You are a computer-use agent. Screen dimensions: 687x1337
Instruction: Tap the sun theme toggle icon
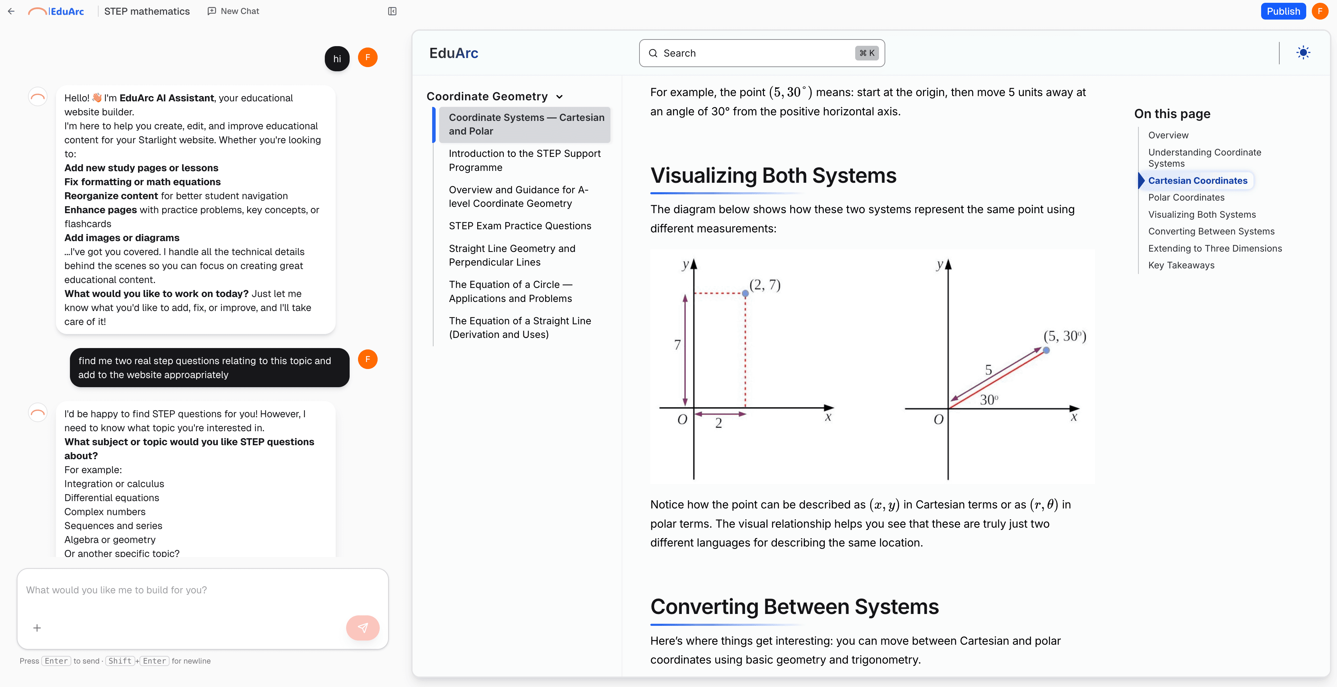coord(1303,53)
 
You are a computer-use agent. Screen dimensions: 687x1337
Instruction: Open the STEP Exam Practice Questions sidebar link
coord(520,226)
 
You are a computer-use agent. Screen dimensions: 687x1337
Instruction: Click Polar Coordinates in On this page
coord(1186,197)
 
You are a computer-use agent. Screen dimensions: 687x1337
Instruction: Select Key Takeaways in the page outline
coord(1181,265)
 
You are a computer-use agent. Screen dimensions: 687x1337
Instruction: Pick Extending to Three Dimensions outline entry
coord(1215,248)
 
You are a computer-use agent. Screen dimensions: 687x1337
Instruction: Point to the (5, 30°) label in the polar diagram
coord(1065,336)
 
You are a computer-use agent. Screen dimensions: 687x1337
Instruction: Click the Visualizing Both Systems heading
coord(773,175)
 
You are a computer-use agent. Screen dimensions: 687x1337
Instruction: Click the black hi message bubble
coord(337,59)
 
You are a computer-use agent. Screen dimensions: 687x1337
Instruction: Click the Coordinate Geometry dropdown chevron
coord(559,97)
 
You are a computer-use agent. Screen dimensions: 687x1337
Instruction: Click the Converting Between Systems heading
coord(794,607)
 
